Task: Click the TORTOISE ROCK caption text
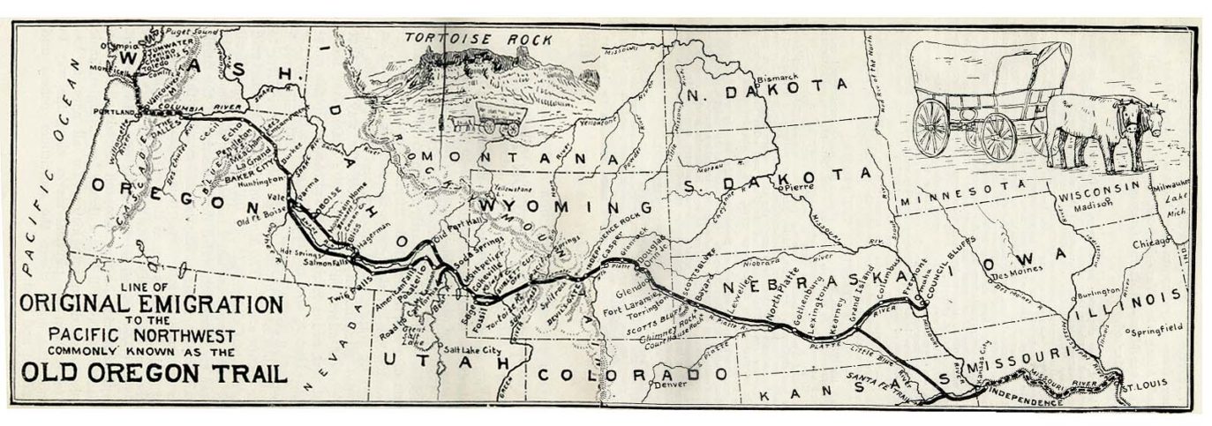tap(478, 38)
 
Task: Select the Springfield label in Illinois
tap(1159, 329)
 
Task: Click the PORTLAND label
tap(115, 112)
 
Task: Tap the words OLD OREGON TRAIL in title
tap(155, 372)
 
